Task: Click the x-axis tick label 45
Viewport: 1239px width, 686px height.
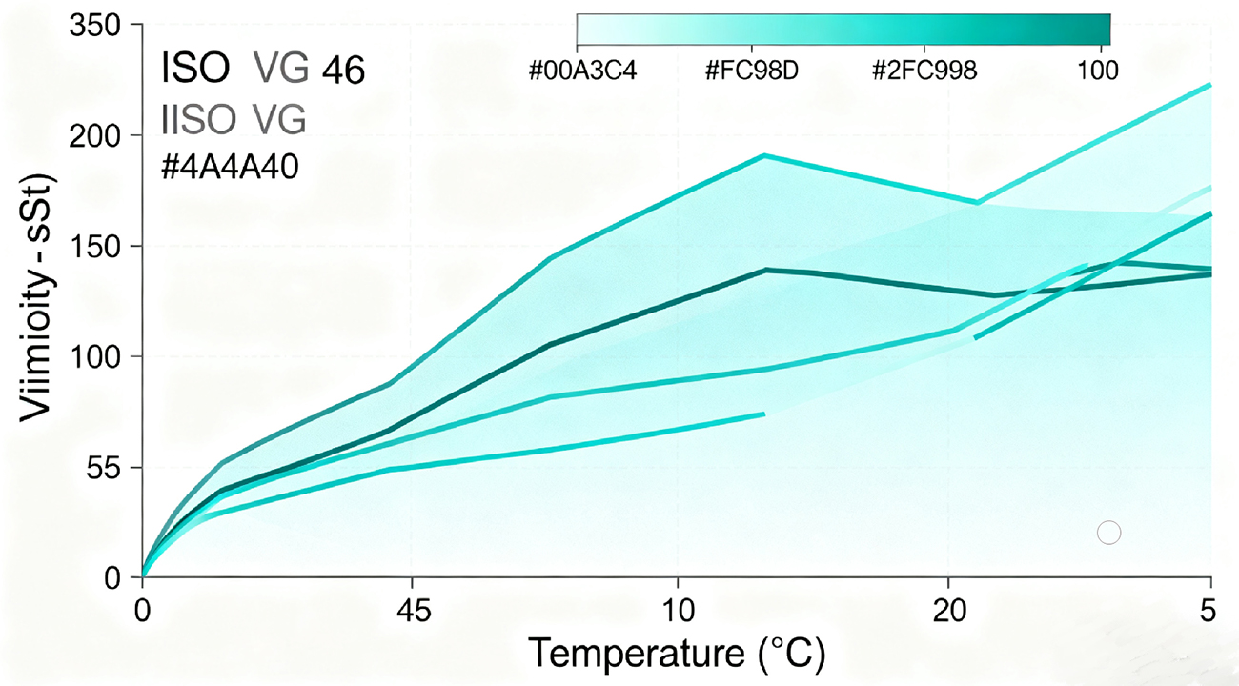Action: coord(411,611)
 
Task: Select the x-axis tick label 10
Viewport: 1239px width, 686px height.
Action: coord(677,611)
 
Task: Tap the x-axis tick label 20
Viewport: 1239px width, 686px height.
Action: coord(949,611)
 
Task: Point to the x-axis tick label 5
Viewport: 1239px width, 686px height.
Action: coord(1209,611)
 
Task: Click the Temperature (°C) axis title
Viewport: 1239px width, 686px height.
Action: coord(676,654)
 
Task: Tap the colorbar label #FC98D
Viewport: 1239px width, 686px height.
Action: coord(752,71)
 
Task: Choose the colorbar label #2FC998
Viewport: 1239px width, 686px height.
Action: coord(924,71)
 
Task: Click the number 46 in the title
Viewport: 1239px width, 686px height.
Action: coord(343,71)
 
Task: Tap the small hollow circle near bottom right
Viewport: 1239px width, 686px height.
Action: coord(1108,533)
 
